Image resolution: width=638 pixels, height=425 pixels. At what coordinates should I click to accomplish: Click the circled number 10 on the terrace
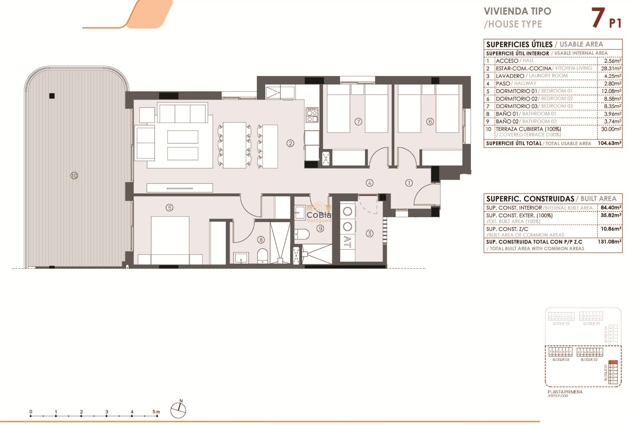[74, 175]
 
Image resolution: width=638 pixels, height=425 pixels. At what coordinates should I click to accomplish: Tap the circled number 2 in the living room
[290, 143]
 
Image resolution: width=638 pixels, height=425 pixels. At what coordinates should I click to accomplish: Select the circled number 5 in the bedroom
[169, 208]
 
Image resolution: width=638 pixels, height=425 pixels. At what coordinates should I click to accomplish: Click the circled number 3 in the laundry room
[370, 233]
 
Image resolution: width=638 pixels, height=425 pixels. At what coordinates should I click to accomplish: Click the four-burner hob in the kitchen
[312, 115]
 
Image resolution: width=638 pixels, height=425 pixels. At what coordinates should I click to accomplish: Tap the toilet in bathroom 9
[302, 234]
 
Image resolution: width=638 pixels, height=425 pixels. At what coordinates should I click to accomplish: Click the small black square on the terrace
[52, 96]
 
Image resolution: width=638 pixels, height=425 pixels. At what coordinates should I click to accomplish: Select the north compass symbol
[178, 410]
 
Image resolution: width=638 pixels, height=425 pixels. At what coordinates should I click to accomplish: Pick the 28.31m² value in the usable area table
[611, 68]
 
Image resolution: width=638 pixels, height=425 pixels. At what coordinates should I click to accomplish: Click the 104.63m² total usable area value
[609, 143]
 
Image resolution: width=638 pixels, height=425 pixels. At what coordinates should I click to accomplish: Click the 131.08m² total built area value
[609, 242]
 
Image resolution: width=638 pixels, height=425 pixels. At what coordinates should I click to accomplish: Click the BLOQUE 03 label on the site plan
[561, 360]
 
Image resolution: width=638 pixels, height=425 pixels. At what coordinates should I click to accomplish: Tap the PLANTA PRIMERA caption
[565, 392]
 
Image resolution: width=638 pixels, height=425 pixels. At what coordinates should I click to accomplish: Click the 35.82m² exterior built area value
[611, 215]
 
